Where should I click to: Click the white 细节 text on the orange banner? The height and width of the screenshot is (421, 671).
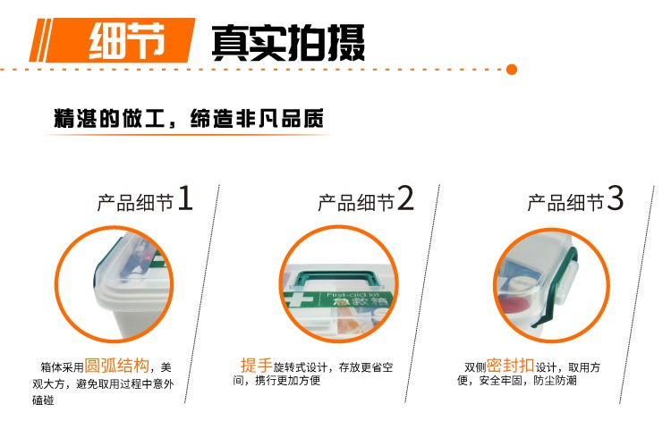pyautogui.click(x=127, y=40)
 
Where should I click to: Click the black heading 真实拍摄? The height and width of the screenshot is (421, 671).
pyautogui.click(x=288, y=42)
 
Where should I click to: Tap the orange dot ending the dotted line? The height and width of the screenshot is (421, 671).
pyautogui.click(x=512, y=69)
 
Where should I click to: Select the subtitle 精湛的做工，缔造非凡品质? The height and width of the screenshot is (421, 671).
pyautogui.click(x=189, y=118)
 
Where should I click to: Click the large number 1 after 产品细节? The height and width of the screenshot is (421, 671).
pyautogui.click(x=185, y=198)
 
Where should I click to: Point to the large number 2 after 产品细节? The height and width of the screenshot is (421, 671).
pyautogui.click(x=405, y=198)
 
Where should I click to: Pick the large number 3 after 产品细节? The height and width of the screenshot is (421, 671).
pyautogui.click(x=615, y=198)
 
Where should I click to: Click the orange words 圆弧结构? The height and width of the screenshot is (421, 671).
pyautogui.click(x=116, y=366)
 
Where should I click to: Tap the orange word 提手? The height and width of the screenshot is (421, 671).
pyautogui.click(x=257, y=366)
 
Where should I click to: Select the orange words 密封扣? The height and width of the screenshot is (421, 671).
pyautogui.click(x=510, y=366)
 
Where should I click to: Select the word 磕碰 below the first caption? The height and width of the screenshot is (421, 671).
pyautogui.click(x=43, y=400)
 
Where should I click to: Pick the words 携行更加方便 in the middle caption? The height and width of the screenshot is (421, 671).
pyautogui.click(x=287, y=380)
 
